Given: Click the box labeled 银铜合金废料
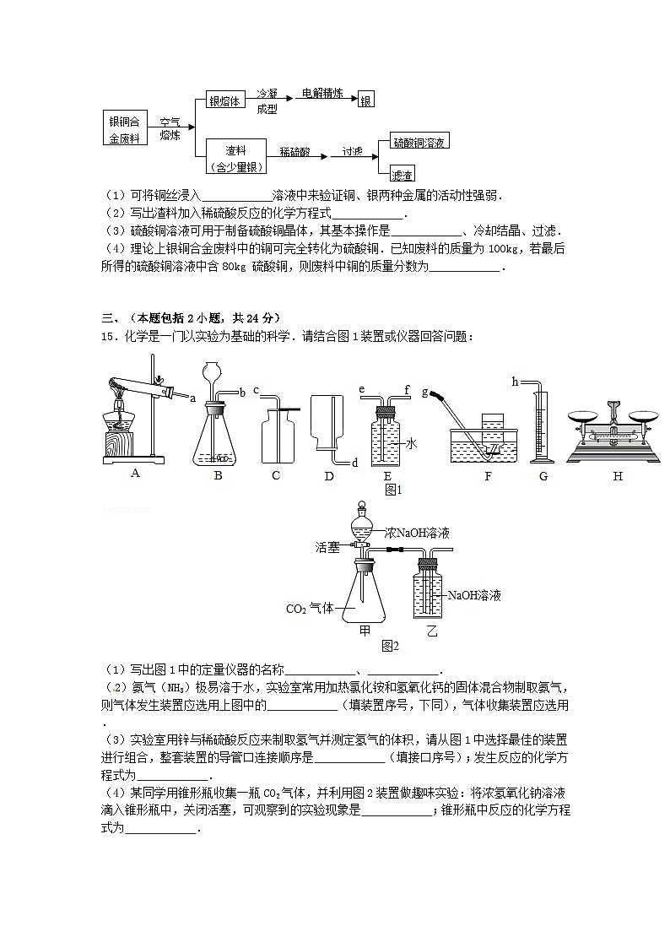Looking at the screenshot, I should [126, 128].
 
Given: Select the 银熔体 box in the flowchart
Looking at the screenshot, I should [225, 100].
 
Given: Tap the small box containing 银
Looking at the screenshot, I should [366, 100].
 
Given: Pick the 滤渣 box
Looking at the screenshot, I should [403, 175].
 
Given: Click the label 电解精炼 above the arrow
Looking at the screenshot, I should [322, 94].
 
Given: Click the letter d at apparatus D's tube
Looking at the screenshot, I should [354, 463].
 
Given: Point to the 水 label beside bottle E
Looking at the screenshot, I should [412, 442].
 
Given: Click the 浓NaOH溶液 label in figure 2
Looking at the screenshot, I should [417, 533].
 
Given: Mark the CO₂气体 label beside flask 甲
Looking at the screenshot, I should [311, 608].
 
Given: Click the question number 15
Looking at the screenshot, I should [108, 337].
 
